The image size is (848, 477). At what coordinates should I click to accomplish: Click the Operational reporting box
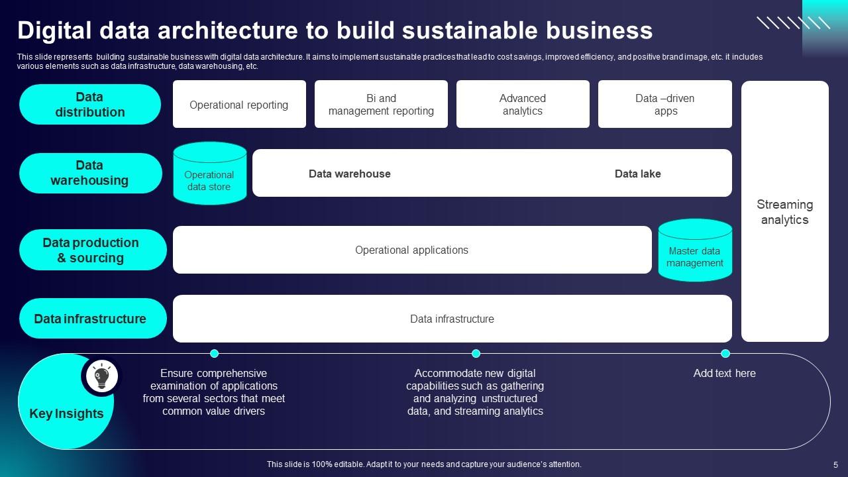pyautogui.click(x=239, y=105)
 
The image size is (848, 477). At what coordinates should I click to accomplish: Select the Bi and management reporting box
pyautogui.click(x=381, y=105)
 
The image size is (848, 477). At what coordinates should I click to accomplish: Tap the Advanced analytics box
pyautogui.click(x=523, y=105)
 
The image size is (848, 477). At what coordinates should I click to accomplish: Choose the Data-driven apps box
pyautogui.click(x=664, y=105)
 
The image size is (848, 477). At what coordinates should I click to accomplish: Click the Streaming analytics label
pyautogui.click(x=784, y=212)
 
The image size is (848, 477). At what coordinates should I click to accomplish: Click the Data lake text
pyautogui.click(x=637, y=174)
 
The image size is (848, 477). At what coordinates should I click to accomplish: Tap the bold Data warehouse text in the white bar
pyautogui.click(x=349, y=174)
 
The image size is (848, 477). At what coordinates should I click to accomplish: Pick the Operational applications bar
pyautogui.click(x=411, y=250)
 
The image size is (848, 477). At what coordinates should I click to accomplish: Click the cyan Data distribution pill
pyautogui.click(x=90, y=105)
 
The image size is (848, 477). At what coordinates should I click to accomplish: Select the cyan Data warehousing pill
pyautogui.click(x=90, y=173)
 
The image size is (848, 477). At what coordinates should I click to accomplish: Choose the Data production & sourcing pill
pyautogui.click(x=91, y=250)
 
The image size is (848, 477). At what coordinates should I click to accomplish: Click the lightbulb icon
pyautogui.click(x=101, y=376)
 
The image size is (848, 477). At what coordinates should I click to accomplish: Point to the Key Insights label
pyautogui.click(x=66, y=413)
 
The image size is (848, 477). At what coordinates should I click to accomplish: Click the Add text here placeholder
pyautogui.click(x=724, y=374)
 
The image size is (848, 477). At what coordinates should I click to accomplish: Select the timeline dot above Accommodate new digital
pyautogui.click(x=476, y=354)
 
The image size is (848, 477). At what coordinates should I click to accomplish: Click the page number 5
pyautogui.click(x=835, y=464)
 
